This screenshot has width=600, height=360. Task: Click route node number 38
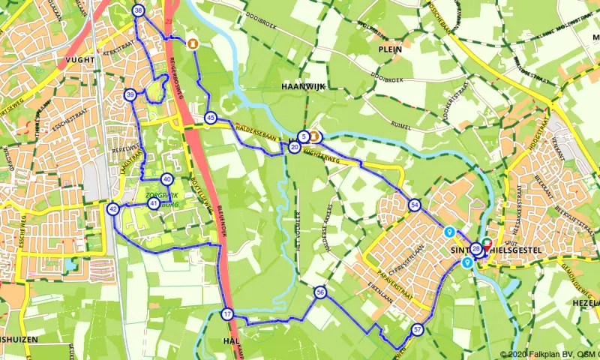pyautogui.click(x=138, y=10)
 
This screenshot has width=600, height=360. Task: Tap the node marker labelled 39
pyautogui.click(x=130, y=94)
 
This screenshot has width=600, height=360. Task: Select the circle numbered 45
pyautogui.click(x=211, y=118)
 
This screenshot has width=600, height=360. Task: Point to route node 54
pyautogui.click(x=415, y=205)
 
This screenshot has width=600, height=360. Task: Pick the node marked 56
pyautogui.click(x=320, y=292)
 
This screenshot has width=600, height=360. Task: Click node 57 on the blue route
pyautogui.click(x=418, y=329)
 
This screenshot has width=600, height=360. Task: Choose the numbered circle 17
pyautogui.click(x=227, y=314)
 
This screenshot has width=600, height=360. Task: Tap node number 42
pyautogui.click(x=113, y=209)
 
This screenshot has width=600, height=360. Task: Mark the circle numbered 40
pyautogui.click(x=166, y=178)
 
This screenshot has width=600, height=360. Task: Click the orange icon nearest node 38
pyautogui.click(x=193, y=43)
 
